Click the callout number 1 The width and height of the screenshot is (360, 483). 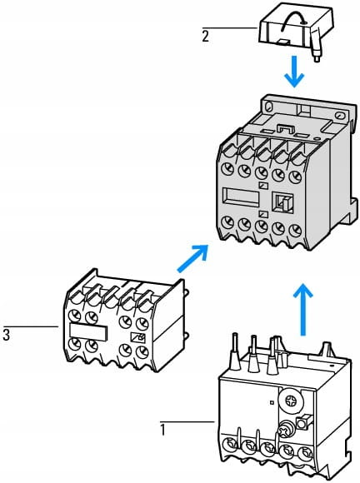(x=162, y=430)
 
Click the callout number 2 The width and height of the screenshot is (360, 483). (x=205, y=36)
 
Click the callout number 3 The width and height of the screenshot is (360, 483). (x=6, y=335)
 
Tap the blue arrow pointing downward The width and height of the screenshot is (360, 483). (x=294, y=72)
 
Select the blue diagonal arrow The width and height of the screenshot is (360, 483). (x=192, y=258)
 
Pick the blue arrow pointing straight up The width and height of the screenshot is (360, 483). (x=303, y=309)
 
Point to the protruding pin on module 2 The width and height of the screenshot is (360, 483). (x=315, y=52)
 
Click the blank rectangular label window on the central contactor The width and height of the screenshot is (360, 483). (x=242, y=197)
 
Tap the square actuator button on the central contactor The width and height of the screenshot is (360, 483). (x=282, y=202)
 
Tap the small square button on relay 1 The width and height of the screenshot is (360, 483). (x=302, y=422)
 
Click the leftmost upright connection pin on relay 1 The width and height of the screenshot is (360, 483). (x=236, y=351)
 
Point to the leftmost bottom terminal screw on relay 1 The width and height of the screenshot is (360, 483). (x=231, y=445)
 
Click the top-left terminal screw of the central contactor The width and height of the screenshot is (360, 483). (x=228, y=168)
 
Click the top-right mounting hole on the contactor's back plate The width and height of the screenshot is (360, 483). (x=340, y=116)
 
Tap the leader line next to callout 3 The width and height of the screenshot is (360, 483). (x=31, y=326)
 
